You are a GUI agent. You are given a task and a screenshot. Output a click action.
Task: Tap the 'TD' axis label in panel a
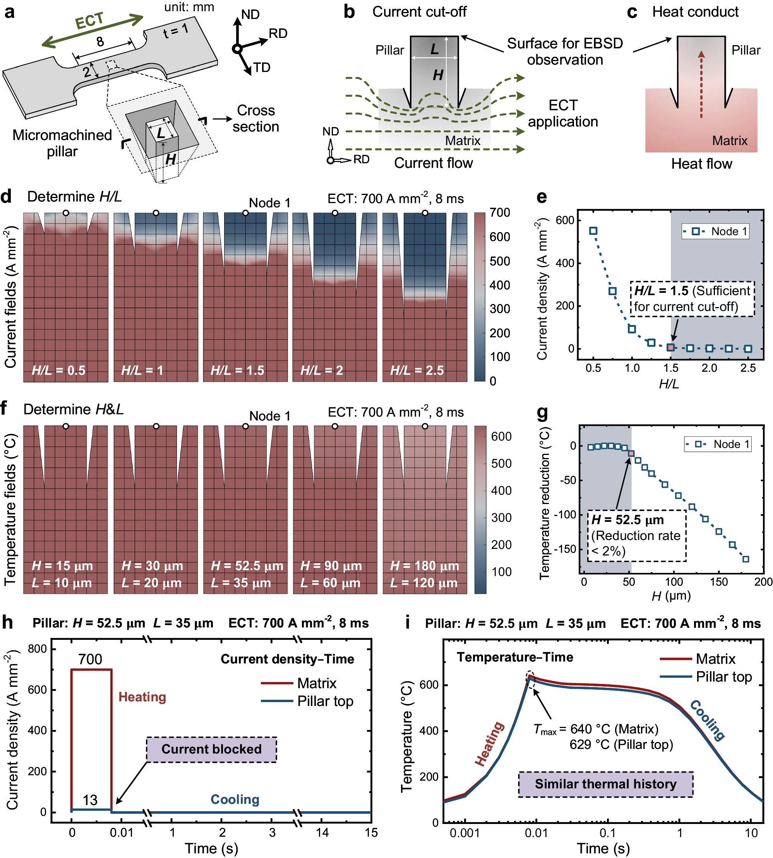[262, 67]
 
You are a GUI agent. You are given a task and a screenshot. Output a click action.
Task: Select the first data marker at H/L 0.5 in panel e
[593, 231]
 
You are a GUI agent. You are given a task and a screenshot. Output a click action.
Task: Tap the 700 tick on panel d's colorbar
[500, 212]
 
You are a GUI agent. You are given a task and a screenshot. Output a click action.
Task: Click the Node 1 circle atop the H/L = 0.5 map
[66, 213]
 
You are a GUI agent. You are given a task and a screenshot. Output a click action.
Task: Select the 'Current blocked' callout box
[211, 749]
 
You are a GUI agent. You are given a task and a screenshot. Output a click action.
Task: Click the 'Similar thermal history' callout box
[605, 784]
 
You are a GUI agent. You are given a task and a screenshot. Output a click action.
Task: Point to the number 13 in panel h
[90, 800]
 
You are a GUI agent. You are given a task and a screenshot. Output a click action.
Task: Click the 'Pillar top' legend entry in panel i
[724, 677]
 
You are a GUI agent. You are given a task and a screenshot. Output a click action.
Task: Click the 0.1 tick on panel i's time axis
[608, 833]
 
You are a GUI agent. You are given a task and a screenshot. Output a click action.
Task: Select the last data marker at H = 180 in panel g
[746, 559]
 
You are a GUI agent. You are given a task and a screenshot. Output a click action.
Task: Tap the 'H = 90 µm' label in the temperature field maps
[331, 566]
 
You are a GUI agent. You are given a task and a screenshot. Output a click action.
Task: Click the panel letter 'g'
[542, 413]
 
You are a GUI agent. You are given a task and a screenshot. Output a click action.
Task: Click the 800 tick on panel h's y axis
[38, 649]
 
